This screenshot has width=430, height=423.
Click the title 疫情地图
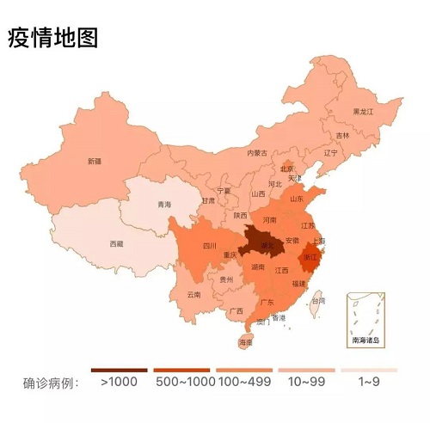[x=52, y=38]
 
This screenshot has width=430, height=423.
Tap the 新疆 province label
[x=94, y=161]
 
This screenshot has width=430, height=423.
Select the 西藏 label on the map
[x=117, y=244]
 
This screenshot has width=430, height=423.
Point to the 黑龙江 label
[x=364, y=112]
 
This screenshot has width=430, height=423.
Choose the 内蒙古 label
[x=257, y=152]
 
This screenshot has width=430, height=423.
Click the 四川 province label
[x=209, y=246]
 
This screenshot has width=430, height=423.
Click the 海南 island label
[x=246, y=343]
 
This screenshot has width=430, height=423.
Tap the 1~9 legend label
[x=368, y=382]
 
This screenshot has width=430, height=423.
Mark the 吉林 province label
[x=342, y=135]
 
